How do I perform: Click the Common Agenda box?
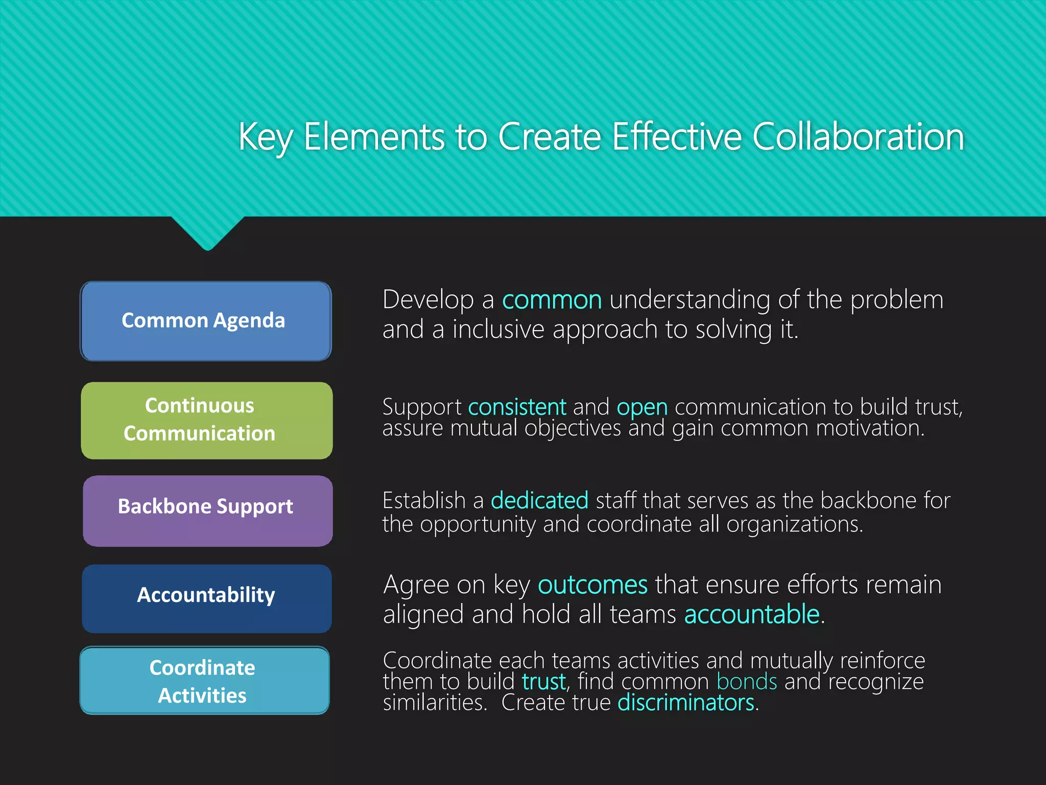(206, 321)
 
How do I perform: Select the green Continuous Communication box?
(206, 420)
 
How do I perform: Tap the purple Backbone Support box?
(207, 511)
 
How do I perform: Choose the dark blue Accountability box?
(206, 598)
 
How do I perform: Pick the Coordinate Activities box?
(204, 680)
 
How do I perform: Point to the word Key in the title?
(265, 138)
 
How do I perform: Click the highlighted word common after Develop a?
(552, 300)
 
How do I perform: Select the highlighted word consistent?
(517, 407)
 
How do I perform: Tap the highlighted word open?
(642, 408)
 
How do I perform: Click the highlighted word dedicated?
(539, 500)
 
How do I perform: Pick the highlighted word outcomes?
(592, 585)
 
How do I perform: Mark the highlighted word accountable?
(752, 614)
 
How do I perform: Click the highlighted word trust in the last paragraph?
(544, 682)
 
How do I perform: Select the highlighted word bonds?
(747, 682)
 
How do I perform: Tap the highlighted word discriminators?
(686, 703)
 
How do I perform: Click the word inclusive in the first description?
(498, 330)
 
